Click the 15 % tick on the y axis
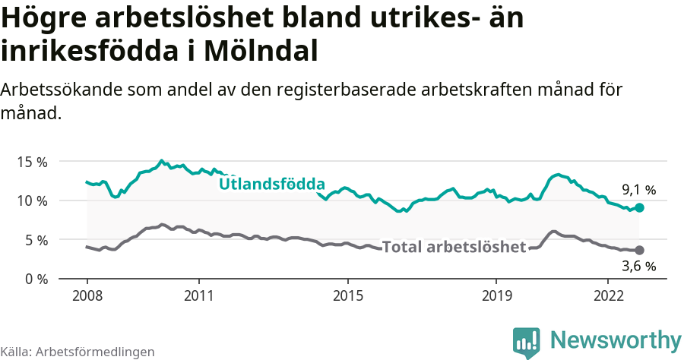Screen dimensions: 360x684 (30, 162)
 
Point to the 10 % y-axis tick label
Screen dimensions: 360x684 (30, 201)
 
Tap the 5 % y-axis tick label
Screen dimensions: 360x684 (34, 240)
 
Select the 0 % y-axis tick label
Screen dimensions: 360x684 (34, 279)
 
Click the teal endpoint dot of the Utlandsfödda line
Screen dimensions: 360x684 (640, 207)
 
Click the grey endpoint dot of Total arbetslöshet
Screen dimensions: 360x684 (640, 250)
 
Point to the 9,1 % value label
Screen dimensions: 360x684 (638, 190)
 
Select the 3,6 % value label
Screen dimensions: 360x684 (638, 267)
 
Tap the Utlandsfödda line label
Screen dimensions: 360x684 (272, 184)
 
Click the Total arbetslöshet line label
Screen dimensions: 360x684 (454, 247)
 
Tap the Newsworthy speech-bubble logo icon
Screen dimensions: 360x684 (526, 342)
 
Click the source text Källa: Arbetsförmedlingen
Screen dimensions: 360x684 (78, 352)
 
